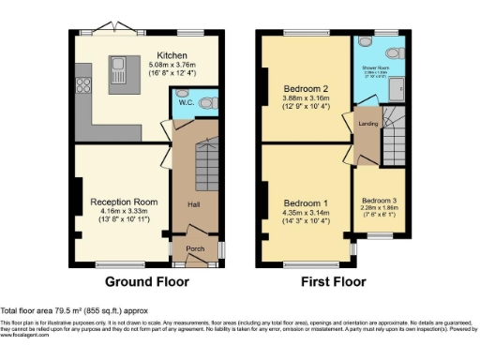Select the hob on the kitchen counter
pyautogui.click(x=80, y=87)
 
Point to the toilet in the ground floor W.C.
pyautogui.click(x=209, y=98)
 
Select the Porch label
pyautogui.click(x=194, y=248)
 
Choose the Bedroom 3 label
pyautogui.click(x=380, y=202)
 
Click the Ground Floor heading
pyautogui.click(x=146, y=281)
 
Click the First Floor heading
pyautogui.click(x=333, y=281)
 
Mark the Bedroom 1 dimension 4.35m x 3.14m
pyautogui.click(x=306, y=213)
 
